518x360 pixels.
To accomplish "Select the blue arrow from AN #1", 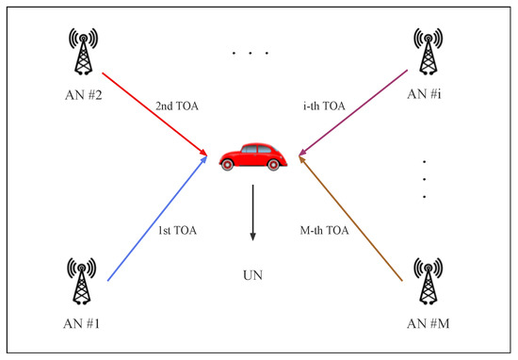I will [x=156, y=221].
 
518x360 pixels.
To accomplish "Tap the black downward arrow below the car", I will [x=251, y=212].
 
